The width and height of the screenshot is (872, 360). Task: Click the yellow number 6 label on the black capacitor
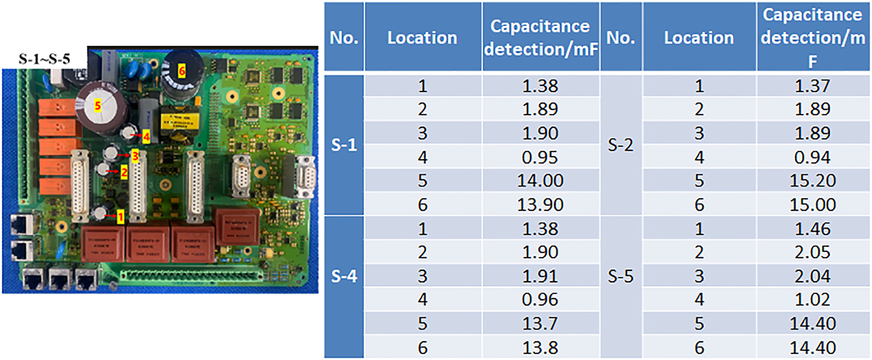181,71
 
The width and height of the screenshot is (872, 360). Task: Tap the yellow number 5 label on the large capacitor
98,105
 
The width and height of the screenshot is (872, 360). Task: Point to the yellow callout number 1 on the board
120,217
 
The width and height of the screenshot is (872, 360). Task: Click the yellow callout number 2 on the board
124,172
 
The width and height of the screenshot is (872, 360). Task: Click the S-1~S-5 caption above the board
44,59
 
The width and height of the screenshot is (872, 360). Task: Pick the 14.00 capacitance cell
540,181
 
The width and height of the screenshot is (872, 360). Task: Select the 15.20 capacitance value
813,181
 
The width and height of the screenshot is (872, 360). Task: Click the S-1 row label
344,145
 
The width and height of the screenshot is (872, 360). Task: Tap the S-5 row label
621,276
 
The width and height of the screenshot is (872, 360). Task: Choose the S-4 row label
344,276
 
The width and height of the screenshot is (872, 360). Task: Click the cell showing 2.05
813,252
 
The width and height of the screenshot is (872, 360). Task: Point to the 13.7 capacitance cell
540,324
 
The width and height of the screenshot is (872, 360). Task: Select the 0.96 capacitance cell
540,300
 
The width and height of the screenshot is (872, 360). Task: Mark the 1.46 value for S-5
813,229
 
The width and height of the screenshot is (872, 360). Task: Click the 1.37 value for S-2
813,86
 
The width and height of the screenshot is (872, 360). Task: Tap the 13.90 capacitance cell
540,205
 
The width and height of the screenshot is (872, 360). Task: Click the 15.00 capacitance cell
813,205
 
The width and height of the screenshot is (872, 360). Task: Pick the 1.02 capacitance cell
813,300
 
